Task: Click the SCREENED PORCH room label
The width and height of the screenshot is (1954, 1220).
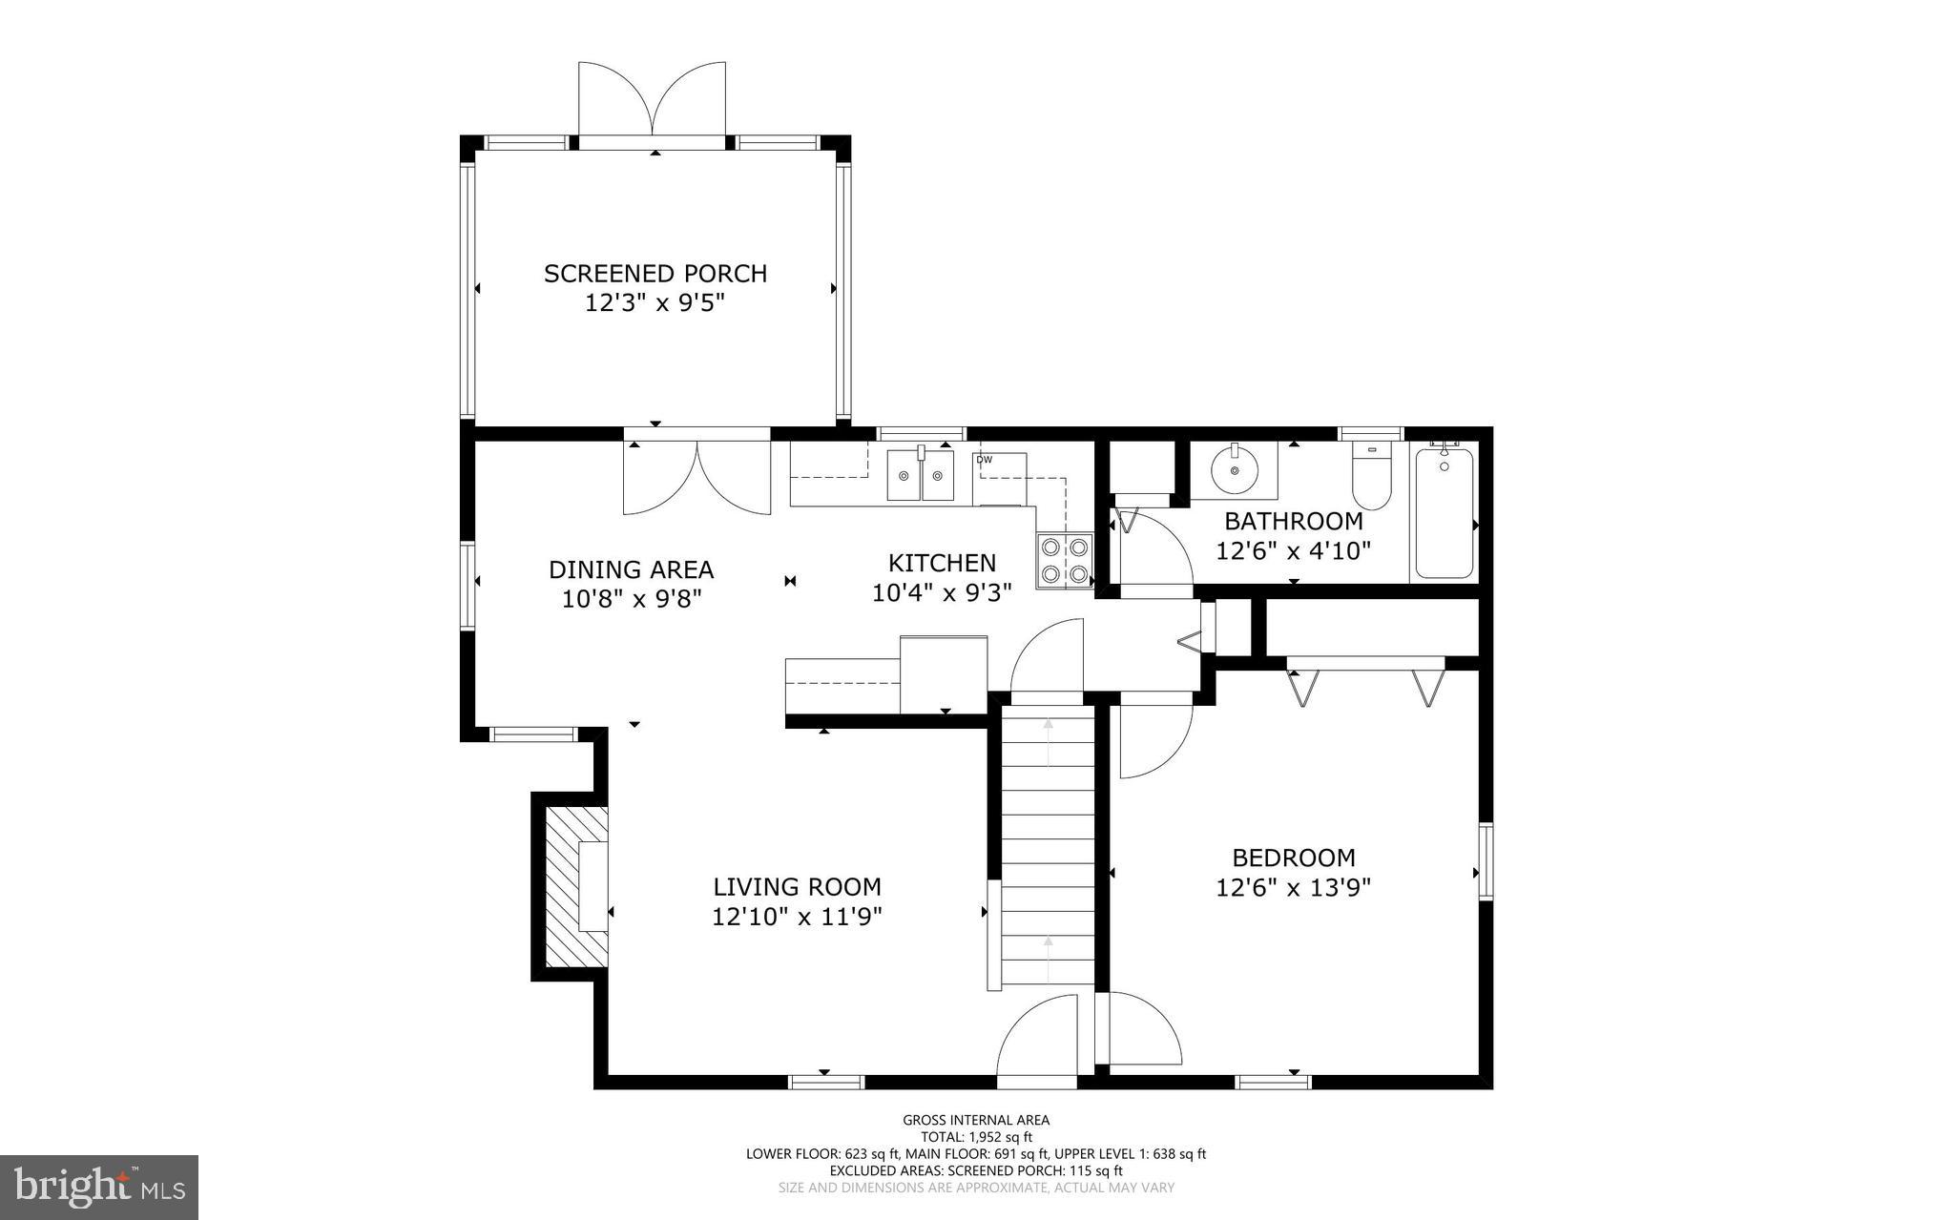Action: [655, 274]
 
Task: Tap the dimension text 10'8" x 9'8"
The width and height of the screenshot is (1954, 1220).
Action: [632, 599]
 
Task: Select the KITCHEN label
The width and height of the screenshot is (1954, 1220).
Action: [942, 563]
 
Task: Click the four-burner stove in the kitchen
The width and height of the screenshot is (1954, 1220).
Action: [1065, 561]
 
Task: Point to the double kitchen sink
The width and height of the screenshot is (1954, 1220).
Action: [921, 475]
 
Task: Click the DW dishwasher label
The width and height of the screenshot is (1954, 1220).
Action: [984, 460]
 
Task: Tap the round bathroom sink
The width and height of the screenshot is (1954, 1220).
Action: [1235, 468]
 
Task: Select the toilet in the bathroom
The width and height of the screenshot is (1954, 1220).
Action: [1371, 476]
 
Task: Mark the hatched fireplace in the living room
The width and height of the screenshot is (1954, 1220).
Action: [575, 886]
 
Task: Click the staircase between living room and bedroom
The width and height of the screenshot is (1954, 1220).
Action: [1048, 844]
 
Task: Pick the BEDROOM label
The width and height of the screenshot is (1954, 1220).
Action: [1294, 858]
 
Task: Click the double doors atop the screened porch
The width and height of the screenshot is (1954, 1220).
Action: [653, 100]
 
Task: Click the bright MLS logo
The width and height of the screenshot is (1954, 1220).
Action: [99, 1188]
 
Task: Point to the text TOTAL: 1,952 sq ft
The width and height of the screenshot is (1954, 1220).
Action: [976, 1137]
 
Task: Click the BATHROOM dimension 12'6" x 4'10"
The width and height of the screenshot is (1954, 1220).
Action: [1294, 551]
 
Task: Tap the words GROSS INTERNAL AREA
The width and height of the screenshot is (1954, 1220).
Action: [976, 1120]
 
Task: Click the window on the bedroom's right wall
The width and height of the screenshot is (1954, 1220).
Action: [1486, 861]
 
